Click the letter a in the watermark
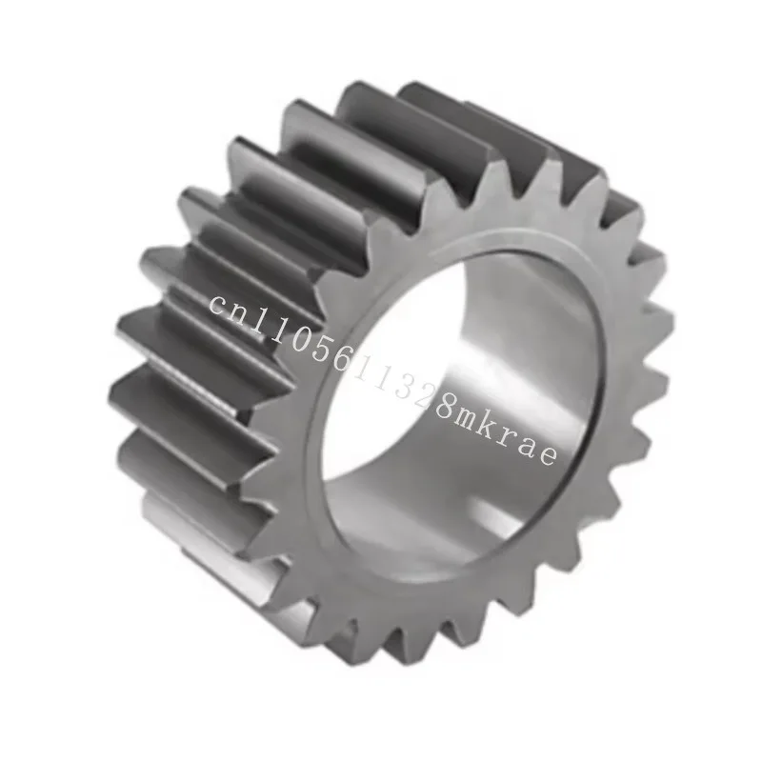pyautogui.click(x=530, y=441)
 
